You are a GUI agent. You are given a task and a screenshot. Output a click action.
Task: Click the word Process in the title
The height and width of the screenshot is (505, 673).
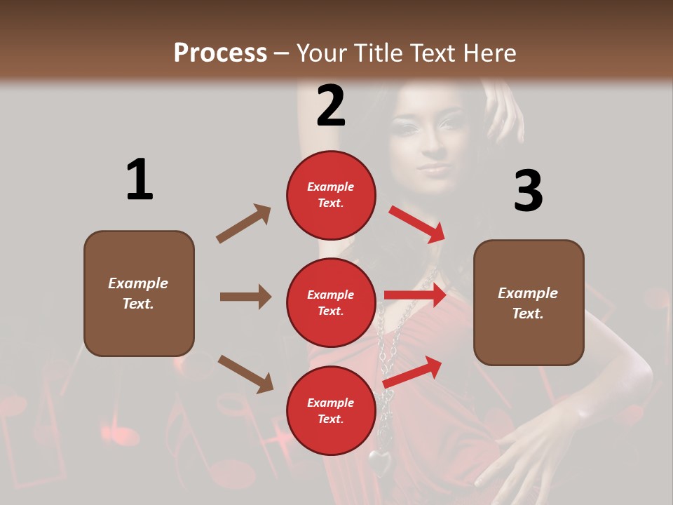pos(220,53)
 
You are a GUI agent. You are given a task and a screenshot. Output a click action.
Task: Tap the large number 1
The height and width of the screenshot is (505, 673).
pos(140,180)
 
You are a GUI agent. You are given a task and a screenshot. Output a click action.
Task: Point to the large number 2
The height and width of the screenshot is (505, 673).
pos(331,106)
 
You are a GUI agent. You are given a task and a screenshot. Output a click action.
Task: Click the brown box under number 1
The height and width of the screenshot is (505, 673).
pos(139,293)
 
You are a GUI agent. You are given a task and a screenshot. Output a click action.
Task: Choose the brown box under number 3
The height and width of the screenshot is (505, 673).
pos(529,303)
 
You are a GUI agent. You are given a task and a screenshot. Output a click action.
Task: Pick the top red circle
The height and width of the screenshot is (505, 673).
pos(331,195)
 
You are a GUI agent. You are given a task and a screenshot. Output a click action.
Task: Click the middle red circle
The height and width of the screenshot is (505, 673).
pos(331,302)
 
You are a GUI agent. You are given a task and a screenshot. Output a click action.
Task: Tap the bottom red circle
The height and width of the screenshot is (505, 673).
pos(331,410)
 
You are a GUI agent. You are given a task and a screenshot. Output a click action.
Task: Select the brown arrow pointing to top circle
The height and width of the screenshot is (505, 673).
pos(244,223)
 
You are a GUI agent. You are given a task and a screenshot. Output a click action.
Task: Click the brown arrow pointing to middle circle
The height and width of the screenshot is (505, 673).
pos(245,297)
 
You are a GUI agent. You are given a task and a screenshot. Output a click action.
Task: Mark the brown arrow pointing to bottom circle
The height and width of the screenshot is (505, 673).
pos(245,373)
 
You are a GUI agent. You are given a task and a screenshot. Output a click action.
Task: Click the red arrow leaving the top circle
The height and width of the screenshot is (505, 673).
pos(417,224)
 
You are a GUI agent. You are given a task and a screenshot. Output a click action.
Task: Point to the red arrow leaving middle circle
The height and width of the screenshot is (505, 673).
pos(415,295)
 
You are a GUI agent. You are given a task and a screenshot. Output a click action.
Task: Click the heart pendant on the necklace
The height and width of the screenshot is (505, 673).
pos(381,462)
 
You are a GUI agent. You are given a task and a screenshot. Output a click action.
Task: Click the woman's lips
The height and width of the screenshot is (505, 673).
pos(434,169)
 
